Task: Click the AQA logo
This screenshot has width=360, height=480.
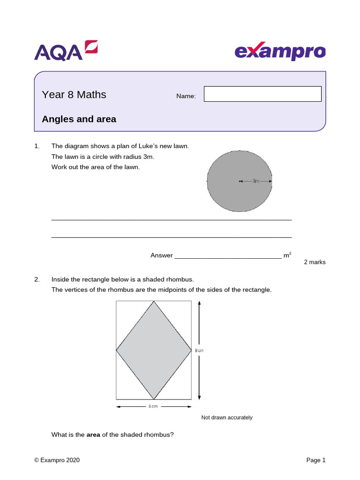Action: click(66, 51)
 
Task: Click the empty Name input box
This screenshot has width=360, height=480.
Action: click(262, 94)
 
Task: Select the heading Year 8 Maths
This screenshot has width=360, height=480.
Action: click(74, 95)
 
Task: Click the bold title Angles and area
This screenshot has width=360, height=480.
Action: click(79, 119)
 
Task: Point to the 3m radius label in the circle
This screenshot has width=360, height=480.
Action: click(256, 181)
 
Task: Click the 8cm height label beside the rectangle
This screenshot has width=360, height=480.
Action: click(199, 350)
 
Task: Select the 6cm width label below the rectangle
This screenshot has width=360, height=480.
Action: click(153, 406)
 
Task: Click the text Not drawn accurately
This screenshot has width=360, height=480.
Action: click(227, 417)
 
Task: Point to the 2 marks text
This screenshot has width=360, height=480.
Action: click(315, 262)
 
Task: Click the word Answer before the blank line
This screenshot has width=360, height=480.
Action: click(161, 255)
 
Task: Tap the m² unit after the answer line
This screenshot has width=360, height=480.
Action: click(287, 255)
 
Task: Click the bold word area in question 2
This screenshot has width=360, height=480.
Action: click(93, 435)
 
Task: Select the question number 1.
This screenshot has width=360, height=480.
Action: click(37, 146)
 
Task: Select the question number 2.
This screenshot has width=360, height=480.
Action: click(37, 279)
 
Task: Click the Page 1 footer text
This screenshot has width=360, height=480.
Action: click(315, 460)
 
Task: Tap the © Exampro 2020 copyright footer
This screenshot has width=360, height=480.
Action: click(57, 460)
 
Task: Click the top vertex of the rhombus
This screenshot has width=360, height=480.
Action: click(154, 301)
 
